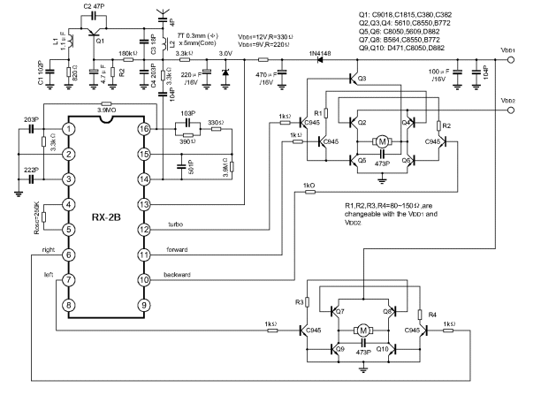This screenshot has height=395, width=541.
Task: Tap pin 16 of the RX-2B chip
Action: pos(143,128)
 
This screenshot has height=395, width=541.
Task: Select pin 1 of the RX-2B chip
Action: pos(68,129)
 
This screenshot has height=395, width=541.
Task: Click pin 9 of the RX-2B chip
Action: pos(143,306)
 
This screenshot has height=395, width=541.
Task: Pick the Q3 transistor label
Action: pos(362,80)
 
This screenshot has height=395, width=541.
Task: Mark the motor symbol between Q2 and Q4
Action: pos(383,141)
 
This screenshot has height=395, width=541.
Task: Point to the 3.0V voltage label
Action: pos(226,54)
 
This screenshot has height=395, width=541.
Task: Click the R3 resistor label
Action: pos(299,302)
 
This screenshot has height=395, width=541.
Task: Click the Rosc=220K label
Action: pos(37,217)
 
